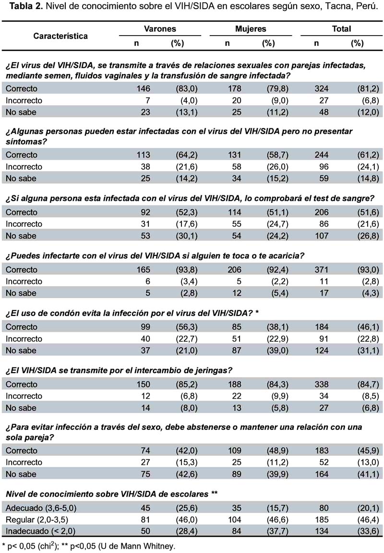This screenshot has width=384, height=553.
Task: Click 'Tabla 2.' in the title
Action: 25,7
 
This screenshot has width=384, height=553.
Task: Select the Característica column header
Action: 60,36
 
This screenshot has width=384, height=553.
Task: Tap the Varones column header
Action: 160,29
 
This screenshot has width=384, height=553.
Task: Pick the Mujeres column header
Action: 251,29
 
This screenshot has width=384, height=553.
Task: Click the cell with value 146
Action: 143,88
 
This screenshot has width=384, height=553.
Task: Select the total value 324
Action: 321,88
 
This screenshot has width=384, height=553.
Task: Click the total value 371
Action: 321,270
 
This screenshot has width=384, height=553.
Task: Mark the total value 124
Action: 321,351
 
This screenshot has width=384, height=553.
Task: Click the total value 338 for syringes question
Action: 321,384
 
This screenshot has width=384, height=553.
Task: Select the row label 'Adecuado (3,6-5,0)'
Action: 41,508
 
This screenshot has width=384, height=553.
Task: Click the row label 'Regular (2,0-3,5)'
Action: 37,520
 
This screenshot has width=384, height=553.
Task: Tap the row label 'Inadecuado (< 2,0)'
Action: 40,531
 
